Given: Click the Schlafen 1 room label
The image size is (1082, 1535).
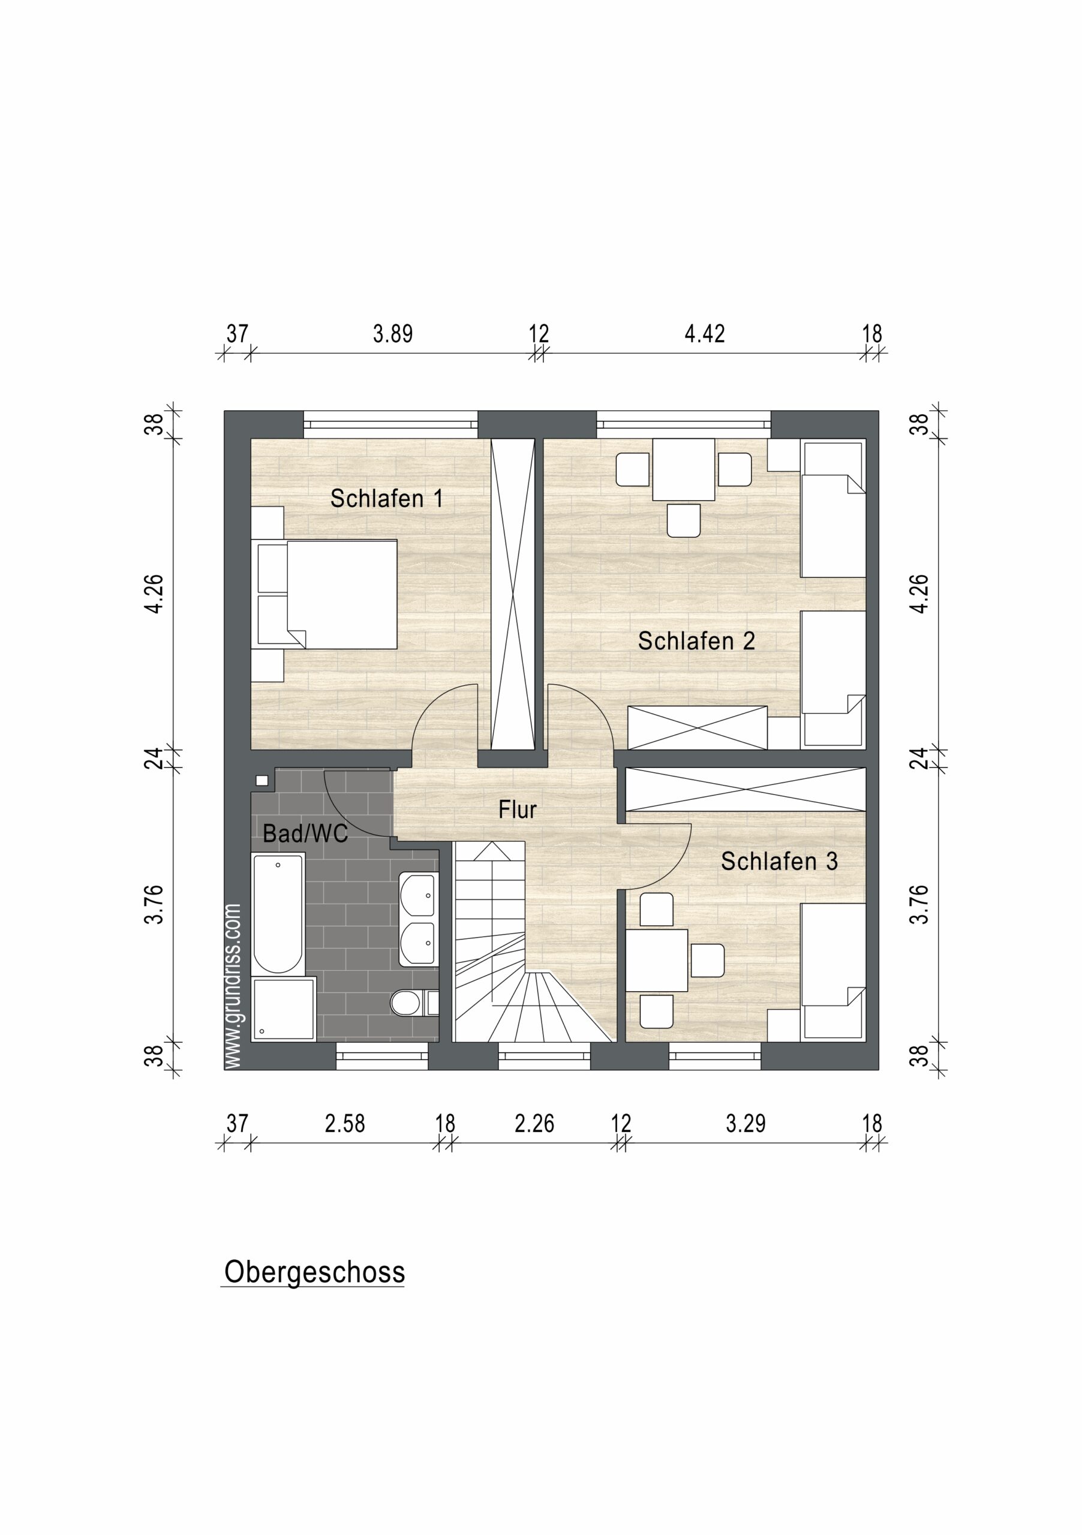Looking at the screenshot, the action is point(386,499).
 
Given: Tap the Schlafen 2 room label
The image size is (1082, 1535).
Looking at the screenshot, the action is point(696,641).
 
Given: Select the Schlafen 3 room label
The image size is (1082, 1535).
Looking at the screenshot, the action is point(779,861).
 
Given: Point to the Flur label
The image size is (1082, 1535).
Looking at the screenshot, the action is point(518,809).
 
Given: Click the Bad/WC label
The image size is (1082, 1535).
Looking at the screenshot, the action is point(305,833).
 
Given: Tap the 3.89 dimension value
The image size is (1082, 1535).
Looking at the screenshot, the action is point(392,333).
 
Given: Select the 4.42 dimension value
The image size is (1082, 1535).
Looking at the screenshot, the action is point(704,333).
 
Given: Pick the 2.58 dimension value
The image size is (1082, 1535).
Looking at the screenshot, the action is point(344,1124).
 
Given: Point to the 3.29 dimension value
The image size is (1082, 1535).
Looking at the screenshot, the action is point(746,1124).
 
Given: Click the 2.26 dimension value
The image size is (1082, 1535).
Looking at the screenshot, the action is point(534,1124).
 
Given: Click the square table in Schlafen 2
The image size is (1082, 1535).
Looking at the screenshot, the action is point(683,469).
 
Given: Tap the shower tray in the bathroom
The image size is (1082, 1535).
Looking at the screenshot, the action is point(284,1009).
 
